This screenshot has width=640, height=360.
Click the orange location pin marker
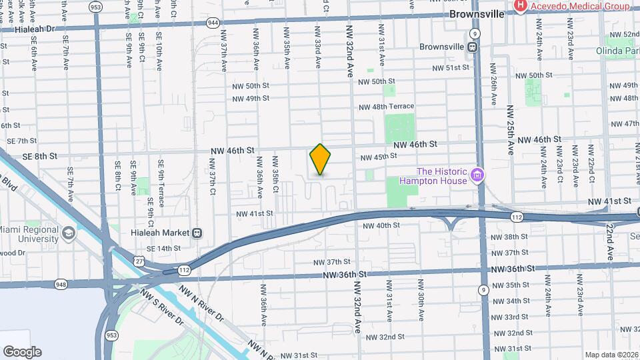[321, 160]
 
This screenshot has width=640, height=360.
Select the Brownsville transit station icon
[472, 47]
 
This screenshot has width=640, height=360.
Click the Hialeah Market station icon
[197, 233]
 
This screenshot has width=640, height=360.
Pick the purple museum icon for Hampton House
[477, 175]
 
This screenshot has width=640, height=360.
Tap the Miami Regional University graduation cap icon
[69, 234]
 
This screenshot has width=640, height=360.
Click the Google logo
[22, 351]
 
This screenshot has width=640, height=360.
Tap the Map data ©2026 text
[611, 355]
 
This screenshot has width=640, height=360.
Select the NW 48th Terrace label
[386, 107]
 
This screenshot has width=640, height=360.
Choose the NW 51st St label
[451, 68]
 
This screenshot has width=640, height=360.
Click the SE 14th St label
[163, 249]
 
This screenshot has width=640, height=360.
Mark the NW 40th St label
[381, 226]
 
